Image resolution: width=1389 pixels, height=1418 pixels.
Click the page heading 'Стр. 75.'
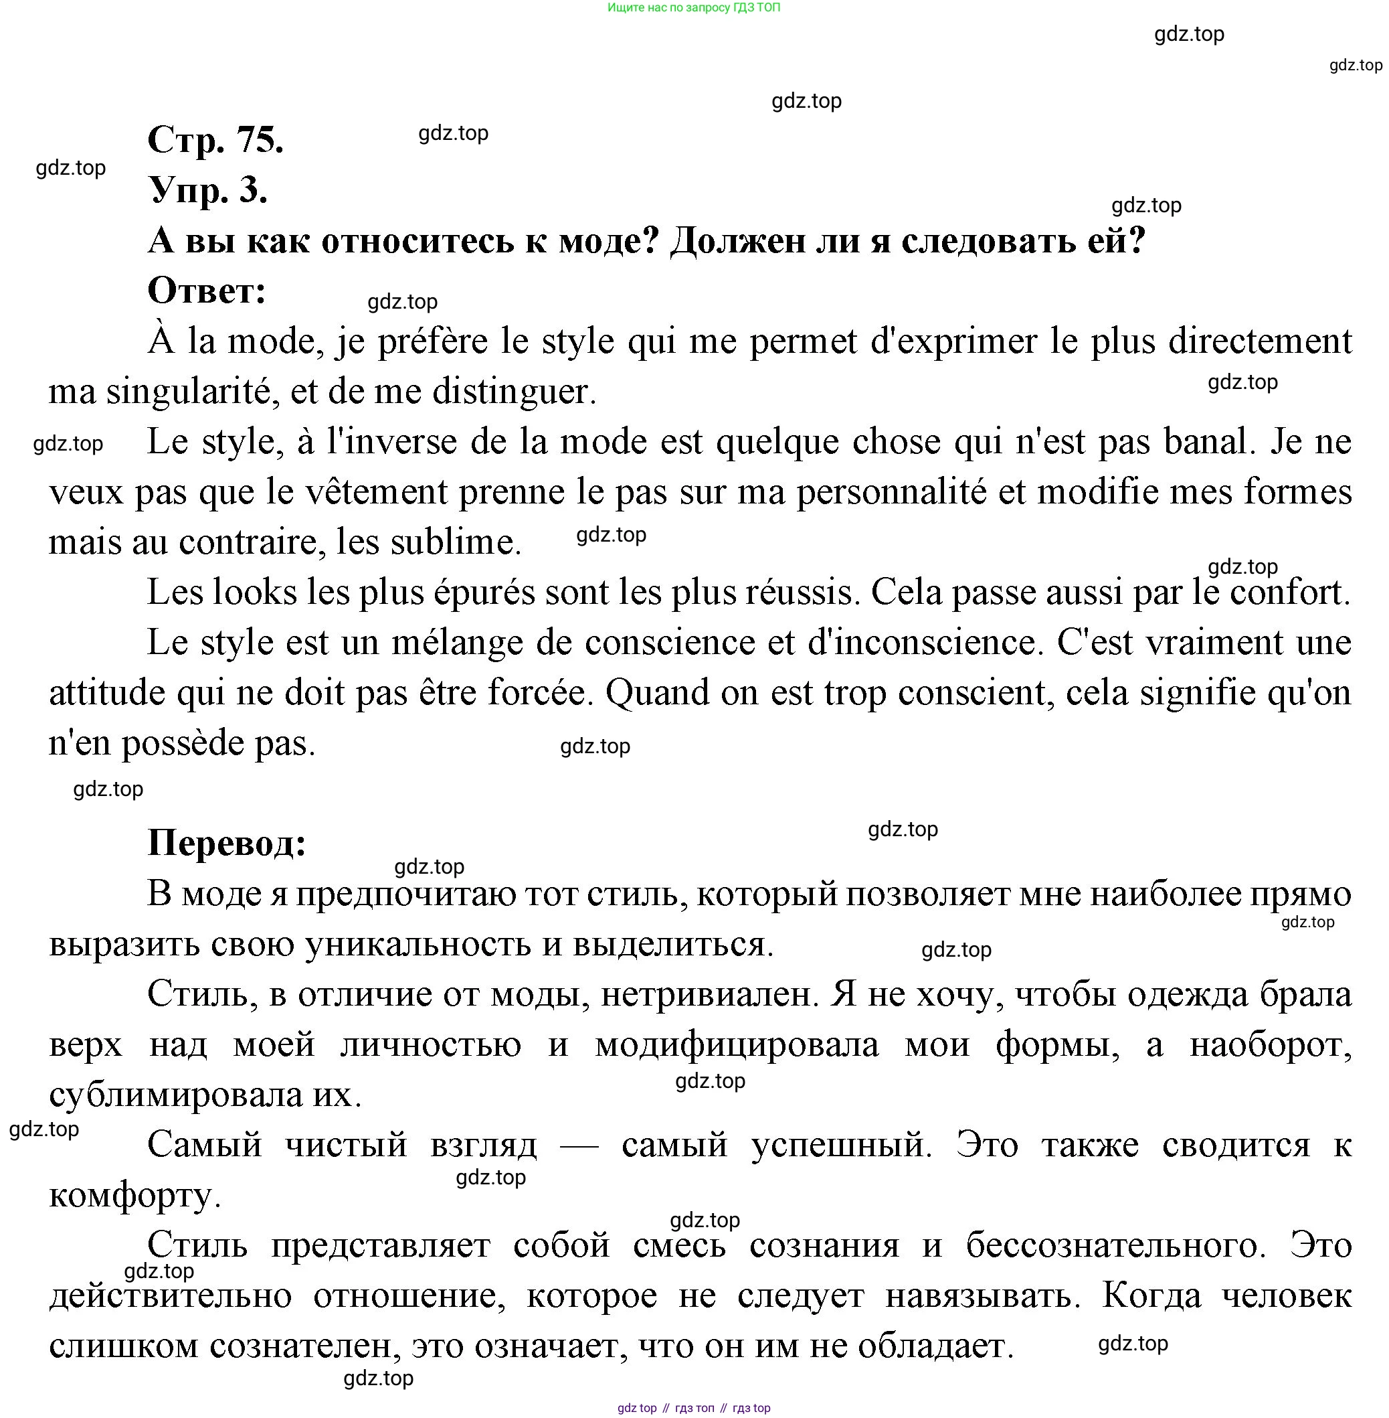click(x=215, y=139)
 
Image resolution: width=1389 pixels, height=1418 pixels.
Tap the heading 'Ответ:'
click(x=207, y=291)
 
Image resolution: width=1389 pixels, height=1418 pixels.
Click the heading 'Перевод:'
click(x=227, y=843)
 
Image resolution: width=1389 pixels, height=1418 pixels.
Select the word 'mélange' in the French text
click(x=457, y=643)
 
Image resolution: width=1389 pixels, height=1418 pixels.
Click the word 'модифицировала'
click(x=737, y=1045)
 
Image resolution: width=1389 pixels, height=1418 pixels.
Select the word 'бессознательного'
click(x=1115, y=1246)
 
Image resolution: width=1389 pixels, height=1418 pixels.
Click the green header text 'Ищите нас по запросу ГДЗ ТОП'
click(x=694, y=8)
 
